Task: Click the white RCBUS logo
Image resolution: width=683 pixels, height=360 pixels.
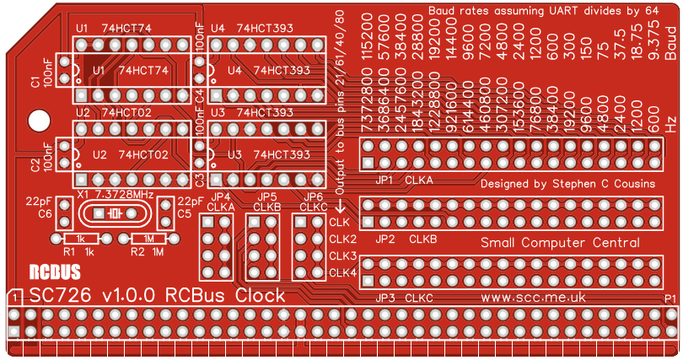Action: (55, 272)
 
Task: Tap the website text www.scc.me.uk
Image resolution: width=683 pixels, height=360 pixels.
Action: (533, 298)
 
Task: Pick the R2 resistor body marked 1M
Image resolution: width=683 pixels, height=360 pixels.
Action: (148, 239)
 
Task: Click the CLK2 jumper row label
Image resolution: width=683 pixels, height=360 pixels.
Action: (342, 239)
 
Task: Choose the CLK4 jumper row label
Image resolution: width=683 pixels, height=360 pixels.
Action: (342, 272)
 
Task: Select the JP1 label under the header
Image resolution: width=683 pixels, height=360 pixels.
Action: (385, 180)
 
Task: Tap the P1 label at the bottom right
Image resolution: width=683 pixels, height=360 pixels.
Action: (670, 299)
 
